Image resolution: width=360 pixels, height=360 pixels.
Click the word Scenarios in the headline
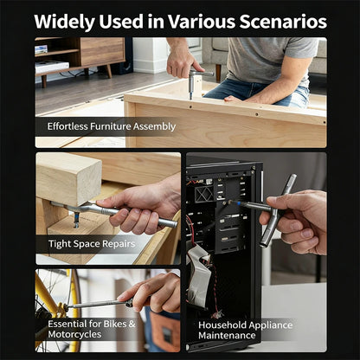pyautogui.click(x=283, y=22)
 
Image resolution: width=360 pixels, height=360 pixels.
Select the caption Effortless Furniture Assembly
pyautogui.click(x=112, y=126)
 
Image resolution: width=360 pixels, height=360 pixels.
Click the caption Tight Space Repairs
pyautogui.click(x=92, y=244)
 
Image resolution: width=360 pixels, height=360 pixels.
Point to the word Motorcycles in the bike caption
pyautogui.click(x=74, y=334)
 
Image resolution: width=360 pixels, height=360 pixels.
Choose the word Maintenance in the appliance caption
pyautogui.click(x=227, y=336)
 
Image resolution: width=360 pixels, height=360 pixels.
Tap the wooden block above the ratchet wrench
pyautogui.click(x=68, y=179)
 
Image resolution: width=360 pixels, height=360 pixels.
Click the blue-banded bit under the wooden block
pyautogui.click(x=76, y=220)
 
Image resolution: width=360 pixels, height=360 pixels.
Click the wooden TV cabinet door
pyautogui.click(x=102, y=51)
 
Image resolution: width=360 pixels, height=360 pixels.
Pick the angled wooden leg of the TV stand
pyautogui.click(x=109, y=71)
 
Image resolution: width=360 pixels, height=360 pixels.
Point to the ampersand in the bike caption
pyautogui.click(x=132, y=324)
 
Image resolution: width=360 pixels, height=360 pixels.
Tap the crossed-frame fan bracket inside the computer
pyautogui.click(x=204, y=193)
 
